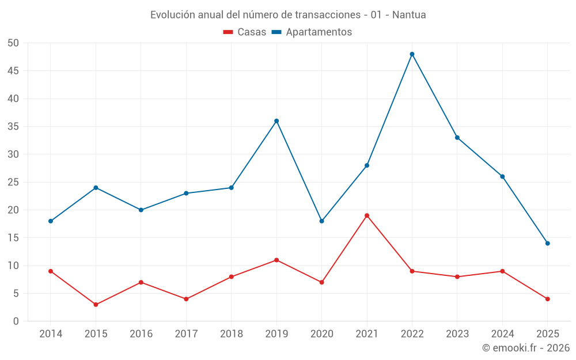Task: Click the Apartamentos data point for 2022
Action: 412,54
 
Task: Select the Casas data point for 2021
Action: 367,215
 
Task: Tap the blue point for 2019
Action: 276,121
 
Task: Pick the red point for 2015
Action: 96,305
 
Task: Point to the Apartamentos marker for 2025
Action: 547,243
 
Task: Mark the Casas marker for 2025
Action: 547,299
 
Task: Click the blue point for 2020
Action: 321,221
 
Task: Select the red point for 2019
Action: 276,260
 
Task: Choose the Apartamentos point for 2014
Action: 51,221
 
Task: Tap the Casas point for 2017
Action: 186,299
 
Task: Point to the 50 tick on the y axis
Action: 13,43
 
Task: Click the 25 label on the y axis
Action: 13,182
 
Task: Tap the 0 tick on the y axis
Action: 16,321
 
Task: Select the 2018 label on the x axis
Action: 231,334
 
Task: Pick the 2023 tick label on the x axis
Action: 457,334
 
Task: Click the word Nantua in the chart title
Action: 409,15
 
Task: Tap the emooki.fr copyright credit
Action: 526,348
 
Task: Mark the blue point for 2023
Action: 457,138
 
